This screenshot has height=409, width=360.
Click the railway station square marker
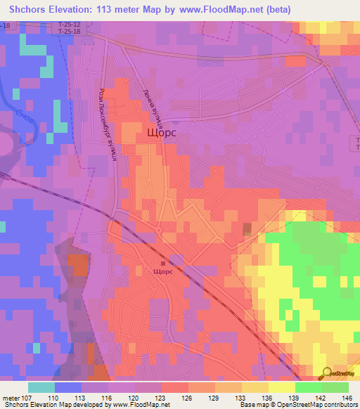tap(163, 262)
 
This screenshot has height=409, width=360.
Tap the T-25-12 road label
tap(69, 23)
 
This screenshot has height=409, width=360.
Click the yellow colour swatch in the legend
tap(281, 387)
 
